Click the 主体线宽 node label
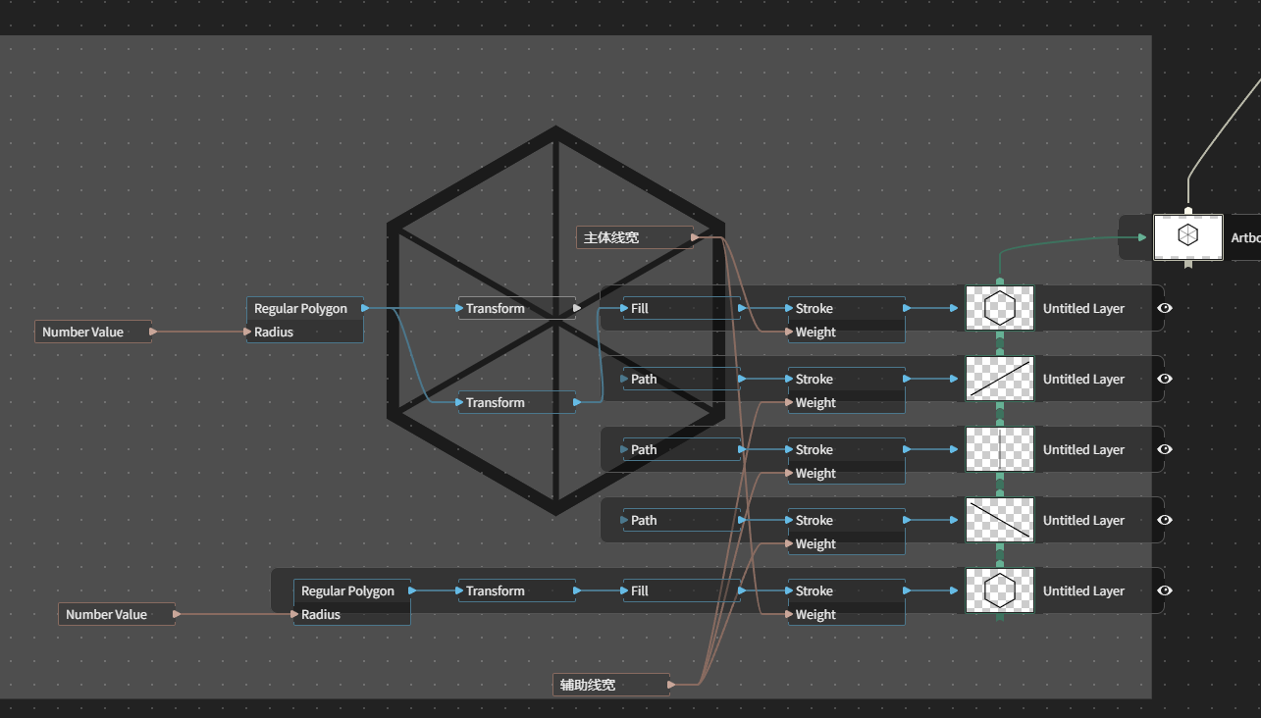coord(611,238)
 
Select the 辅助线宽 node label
coord(588,685)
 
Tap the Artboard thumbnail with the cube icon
coord(1188,237)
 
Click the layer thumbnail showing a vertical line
coord(1000,449)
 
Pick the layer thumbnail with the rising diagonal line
coord(1000,379)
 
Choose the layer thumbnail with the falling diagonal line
coord(1000,520)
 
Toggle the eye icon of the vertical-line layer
coord(1165,449)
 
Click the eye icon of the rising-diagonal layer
coord(1165,379)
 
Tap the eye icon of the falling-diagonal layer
coord(1165,520)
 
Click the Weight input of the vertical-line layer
coord(815,473)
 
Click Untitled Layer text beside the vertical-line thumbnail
coord(1083,449)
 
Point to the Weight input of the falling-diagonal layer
coord(815,544)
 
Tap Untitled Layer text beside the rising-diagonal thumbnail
coord(1083,379)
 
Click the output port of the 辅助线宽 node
coord(671,685)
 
